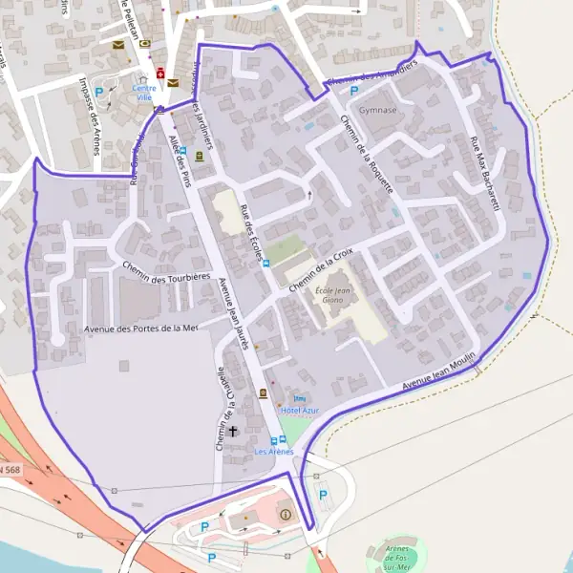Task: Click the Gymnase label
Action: tap(379, 110)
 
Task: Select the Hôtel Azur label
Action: tap(302, 410)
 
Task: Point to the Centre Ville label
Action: tap(145, 94)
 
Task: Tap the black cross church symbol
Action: tap(232, 432)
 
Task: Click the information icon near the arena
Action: tap(285, 516)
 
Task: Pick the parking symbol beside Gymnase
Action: tap(354, 92)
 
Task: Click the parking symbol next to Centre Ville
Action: tap(98, 92)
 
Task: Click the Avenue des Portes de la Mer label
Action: tap(140, 329)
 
